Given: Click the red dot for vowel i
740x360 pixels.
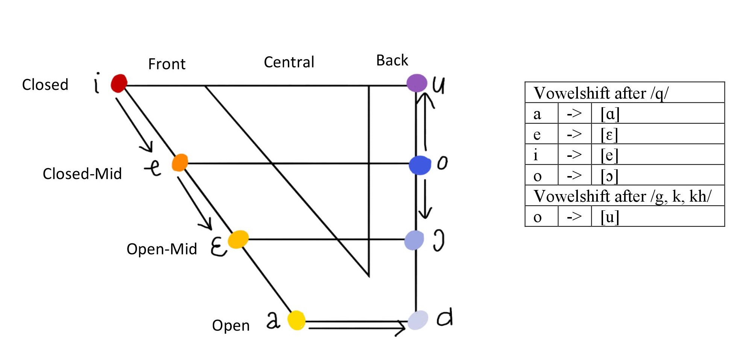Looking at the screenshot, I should click(x=119, y=83).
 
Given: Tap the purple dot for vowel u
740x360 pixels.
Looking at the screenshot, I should click(x=417, y=83).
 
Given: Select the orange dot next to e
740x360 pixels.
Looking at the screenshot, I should click(x=180, y=163).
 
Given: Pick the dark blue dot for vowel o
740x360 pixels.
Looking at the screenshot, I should click(x=420, y=165).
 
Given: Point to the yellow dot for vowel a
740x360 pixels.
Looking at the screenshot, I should click(x=296, y=320).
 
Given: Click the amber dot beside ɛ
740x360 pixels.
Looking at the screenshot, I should click(x=238, y=239).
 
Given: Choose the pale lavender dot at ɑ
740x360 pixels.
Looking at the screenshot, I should click(x=418, y=320).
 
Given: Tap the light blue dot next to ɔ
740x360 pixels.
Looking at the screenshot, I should click(x=414, y=240).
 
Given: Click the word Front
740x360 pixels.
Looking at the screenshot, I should click(x=167, y=64).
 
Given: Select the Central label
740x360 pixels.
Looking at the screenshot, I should click(x=289, y=62).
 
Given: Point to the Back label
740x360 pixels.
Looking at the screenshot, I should click(x=392, y=61).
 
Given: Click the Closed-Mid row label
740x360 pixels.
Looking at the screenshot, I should click(x=82, y=174).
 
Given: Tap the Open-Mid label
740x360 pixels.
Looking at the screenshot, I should click(x=162, y=249).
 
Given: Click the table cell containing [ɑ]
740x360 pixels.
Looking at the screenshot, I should click(x=657, y=113).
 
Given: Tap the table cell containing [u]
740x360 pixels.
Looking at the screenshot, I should click(x=657, y=217).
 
